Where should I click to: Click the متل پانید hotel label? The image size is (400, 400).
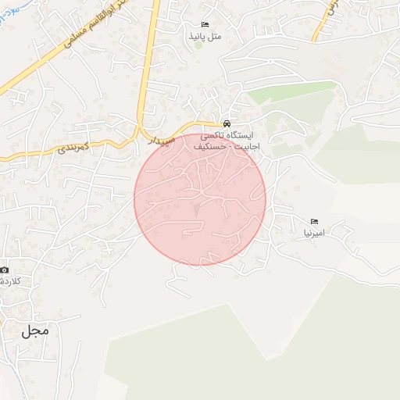coord(205,36)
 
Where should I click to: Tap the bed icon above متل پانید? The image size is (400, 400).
coord(205,25)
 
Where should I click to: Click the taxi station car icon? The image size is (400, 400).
coord(226,123)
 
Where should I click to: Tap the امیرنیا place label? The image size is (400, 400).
coord(318,233)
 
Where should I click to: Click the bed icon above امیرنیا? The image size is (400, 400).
coord(315,222)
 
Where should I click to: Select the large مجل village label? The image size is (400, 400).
coord(35,330)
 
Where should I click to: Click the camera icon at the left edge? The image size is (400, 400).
coord(4,268)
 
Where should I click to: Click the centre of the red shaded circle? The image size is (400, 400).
coord(200,200)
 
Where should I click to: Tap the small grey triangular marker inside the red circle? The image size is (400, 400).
coord(197,210)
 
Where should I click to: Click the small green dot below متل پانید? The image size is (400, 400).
coord(198,45)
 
